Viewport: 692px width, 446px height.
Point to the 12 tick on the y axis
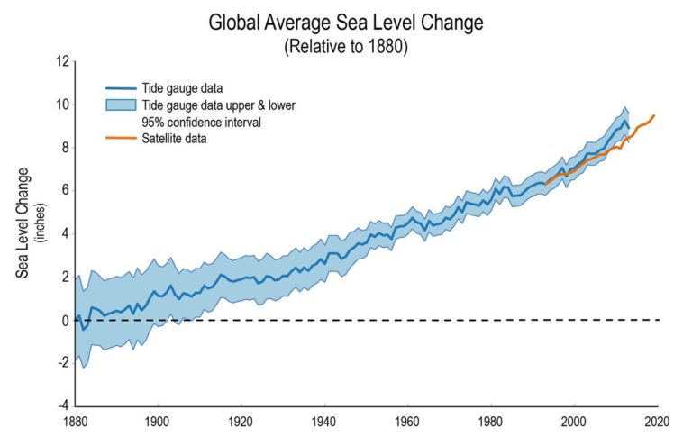pos(62,61)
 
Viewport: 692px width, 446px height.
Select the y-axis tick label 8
pos(65,148)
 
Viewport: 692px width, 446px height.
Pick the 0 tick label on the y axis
pos(65,320)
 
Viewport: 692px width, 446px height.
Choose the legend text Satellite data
pos(173,138)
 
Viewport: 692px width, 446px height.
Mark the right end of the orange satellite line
pos(654,115)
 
